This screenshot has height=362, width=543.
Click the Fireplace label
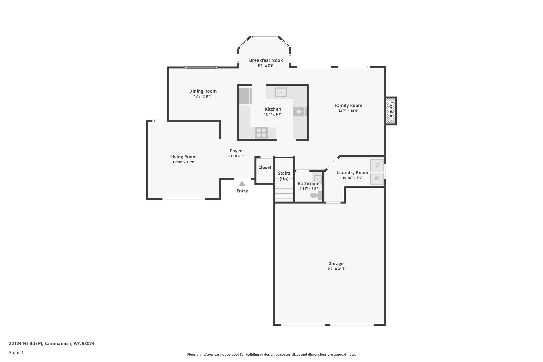point(391,111)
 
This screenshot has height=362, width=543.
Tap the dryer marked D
point(377,165)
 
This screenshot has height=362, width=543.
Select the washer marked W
point(377,178)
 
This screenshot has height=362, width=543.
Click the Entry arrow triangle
point(242,184)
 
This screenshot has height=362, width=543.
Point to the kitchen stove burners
point(261,133)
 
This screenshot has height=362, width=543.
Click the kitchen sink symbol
point(281,92)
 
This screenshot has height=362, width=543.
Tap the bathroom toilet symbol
point(316,195)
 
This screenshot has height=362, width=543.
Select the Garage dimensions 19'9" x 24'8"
point(336,269)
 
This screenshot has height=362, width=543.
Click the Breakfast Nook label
point(266,60)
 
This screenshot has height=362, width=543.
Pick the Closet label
point(265,167)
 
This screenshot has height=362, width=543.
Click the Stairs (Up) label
point(284,176)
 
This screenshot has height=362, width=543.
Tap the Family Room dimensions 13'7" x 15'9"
point(348,111)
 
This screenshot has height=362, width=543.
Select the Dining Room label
point(203,91)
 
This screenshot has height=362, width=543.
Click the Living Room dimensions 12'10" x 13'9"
point(183,162)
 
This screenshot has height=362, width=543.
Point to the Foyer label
point(236,151)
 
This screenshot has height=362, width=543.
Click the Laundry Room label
point(352,173)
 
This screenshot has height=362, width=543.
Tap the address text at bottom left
point(52,343)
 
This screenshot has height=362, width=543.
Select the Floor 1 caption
point(16,352)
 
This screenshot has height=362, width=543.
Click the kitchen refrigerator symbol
point(245,96)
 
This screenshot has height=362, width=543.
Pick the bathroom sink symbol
point(318,179)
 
